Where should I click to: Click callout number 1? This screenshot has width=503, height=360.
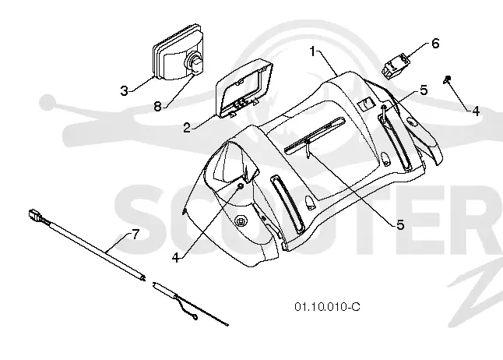click(x=313, y=51)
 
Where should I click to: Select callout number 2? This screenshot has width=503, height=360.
click(x=187, y=128)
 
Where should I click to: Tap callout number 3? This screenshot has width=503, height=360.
click(x=124, y=91)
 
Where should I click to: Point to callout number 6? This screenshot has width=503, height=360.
click(x=435, y=44)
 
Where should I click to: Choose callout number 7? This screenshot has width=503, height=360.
click(x=135, y=235)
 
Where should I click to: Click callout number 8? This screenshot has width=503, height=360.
click(x=157, y=106)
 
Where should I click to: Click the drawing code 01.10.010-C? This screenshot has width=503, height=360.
click(x=327, y=307)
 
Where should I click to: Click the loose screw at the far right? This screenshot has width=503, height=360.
click(x=448, y=79)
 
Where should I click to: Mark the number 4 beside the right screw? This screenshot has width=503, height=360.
click(x=476, y=111)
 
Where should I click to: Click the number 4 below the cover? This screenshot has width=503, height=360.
click(x=175, y=257)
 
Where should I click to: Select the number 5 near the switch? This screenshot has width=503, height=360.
click(x=424, y=90)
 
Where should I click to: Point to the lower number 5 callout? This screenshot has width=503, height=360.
click(x=400, y=225)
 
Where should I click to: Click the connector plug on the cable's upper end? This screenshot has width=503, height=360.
click(x=34, y=214)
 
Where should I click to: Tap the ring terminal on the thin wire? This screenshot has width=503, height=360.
click(x=194, y=318)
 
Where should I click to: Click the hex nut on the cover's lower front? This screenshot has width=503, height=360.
click(x=241, y=221)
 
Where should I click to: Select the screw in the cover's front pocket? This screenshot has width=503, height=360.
click(x=241, y=186)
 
